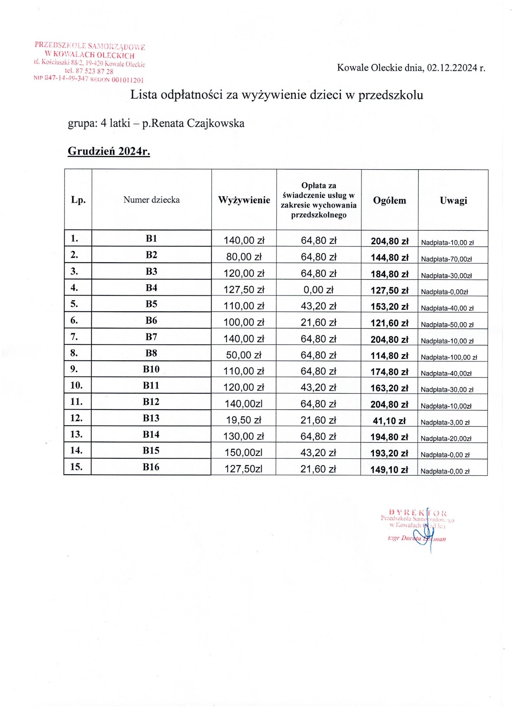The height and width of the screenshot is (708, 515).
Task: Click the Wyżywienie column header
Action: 244,200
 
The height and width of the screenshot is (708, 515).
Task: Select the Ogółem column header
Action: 389,200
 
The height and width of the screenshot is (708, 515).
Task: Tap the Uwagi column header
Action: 453,200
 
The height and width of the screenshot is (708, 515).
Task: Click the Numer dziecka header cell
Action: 151,199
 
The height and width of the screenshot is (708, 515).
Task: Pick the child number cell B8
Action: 151,353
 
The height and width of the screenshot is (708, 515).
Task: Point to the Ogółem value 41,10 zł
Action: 389,421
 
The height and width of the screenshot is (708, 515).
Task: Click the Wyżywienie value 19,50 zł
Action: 243,420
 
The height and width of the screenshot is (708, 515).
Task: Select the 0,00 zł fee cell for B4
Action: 318,290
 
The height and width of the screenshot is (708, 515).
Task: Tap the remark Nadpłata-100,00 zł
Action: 449,357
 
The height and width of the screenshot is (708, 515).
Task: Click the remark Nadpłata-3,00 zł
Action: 445,422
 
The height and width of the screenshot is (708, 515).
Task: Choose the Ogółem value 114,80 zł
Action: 389,356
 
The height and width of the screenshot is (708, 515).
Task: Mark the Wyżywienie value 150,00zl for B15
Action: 243,452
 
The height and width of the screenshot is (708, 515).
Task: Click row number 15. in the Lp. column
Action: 76,466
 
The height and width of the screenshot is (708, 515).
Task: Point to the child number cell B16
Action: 151,467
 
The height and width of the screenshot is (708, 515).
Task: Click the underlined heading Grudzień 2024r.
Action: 109,151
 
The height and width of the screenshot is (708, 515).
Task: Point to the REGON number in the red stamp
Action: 127,80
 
